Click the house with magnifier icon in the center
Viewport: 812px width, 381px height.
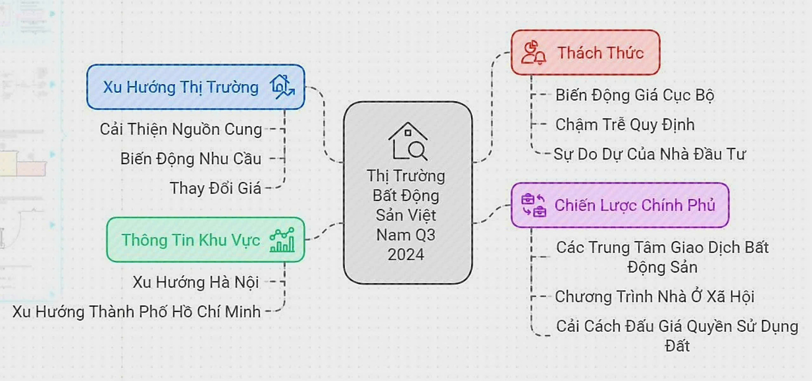[x=408, y=141]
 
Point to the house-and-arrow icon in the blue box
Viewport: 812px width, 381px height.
[x=282, y=87]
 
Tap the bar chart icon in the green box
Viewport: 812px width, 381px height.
[x=282, y=240]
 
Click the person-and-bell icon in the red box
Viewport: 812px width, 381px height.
[x=533, y=53]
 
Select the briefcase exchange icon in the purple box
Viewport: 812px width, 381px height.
[x=533, y=205]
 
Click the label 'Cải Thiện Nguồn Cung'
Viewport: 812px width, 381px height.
[x=181, y=129]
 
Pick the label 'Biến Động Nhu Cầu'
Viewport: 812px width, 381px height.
[x=191, y=158]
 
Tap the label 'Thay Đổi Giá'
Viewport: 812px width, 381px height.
[x=216, y=188]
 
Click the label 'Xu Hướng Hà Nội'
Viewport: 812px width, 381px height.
[x=196, y=282]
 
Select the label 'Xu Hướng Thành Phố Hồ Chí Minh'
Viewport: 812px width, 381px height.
[x=136, y=312]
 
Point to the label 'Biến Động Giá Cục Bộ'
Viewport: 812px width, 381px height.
[x=635, y=95]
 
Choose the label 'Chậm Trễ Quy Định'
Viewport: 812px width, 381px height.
[x=625, y=124]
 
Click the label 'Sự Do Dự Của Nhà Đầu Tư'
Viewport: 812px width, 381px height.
[x=650, y=154]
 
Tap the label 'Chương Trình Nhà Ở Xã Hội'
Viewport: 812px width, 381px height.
[x=654, y=297]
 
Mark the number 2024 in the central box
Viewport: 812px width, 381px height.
[x=406, y=255]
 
